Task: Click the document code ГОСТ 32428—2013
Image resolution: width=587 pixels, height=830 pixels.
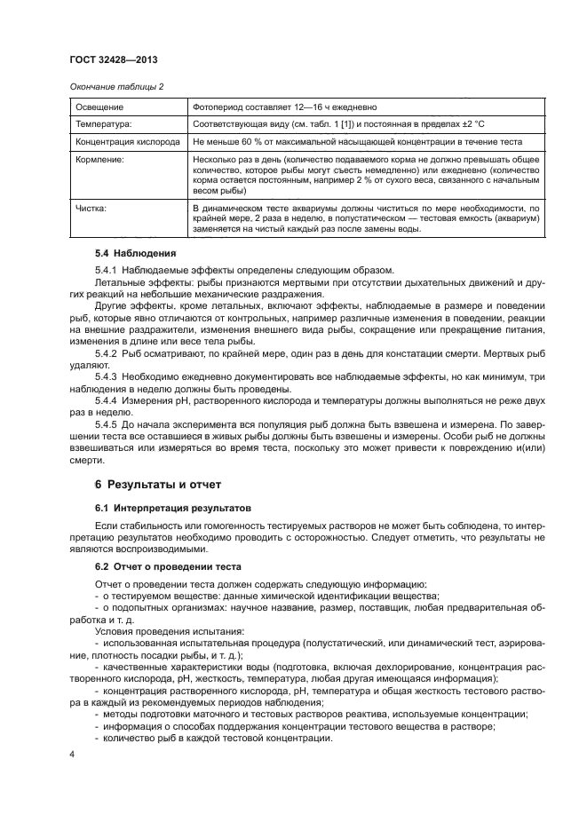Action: point(114,60)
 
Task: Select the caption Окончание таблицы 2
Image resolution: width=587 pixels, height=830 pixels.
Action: point(115,86)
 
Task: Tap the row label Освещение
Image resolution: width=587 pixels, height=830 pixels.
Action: point(99,107)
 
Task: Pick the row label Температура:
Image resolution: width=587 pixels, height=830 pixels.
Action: point(104,124)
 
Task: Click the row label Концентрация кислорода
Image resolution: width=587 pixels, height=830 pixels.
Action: point(129,142)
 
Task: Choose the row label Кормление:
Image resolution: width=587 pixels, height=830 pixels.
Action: point(100,161)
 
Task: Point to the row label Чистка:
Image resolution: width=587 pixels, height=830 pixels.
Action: point(91,207)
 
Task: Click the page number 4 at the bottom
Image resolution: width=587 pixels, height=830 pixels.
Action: point(73,755)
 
